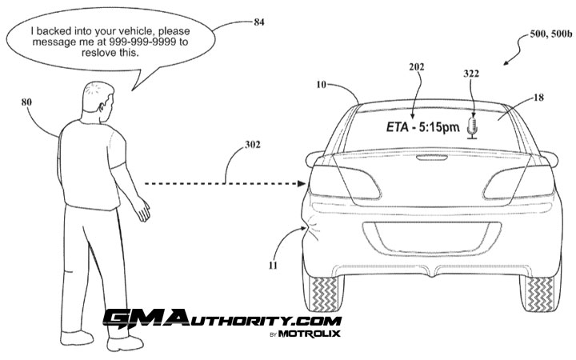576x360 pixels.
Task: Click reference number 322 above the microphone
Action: click(x=473, y=73)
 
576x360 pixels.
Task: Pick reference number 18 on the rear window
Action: click(x=536, y=98)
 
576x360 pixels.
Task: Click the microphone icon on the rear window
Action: click(x=473, y=126)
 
